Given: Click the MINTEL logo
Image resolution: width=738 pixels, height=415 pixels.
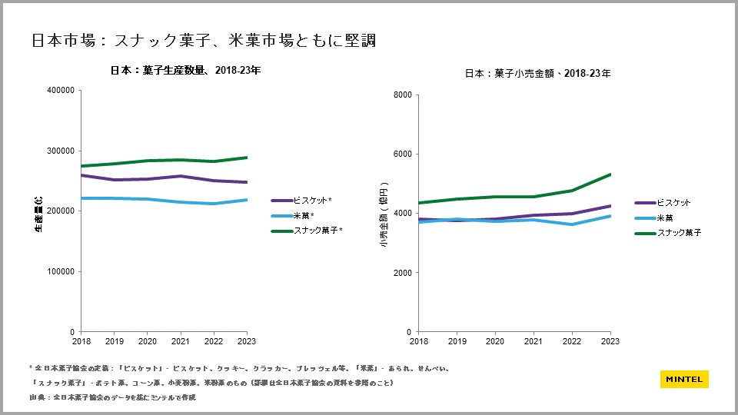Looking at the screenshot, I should tap(683, 379).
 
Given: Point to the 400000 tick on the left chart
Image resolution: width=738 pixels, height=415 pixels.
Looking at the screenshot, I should tap(61, 90).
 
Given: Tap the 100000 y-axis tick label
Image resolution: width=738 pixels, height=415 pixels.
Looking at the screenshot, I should tap(61, 271).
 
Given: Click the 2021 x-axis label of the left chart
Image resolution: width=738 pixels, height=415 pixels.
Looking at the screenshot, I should tap(180, 340).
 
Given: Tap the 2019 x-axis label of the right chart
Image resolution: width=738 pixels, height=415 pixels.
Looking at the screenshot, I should tap(457, 340).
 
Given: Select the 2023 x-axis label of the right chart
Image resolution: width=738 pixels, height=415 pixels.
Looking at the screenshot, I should tap(610, 340).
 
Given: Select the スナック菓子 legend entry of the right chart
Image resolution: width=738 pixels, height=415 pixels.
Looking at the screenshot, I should tap(678, 232).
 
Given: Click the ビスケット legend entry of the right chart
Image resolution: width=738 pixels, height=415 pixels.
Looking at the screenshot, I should tap(673, 203).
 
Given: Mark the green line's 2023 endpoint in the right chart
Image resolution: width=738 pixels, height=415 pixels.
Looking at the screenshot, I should tap(610, 174).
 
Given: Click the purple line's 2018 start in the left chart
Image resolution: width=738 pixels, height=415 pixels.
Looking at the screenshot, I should tap(82, 175).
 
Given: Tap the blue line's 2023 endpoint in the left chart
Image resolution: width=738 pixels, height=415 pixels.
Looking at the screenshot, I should tap(246, 200).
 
